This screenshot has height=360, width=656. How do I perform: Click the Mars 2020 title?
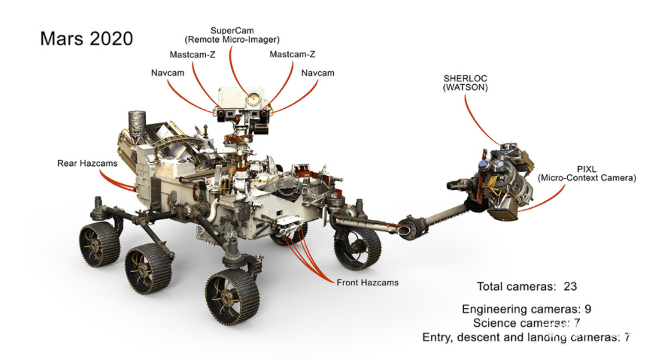click(x=86, y=38)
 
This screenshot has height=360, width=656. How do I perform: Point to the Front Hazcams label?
click(x=367, y=282)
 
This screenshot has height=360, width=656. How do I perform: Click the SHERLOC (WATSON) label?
click(x=465, y=83)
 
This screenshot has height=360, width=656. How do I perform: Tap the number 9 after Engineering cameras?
click(x=587, y=309)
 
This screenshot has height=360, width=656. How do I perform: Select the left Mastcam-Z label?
click(x=192, y=54)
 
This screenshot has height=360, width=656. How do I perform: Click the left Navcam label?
click(x=166, y=72)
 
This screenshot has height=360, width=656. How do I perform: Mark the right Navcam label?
click(x=317, y=72)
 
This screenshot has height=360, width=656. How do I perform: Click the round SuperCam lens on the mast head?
click(x=252, y=100)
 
